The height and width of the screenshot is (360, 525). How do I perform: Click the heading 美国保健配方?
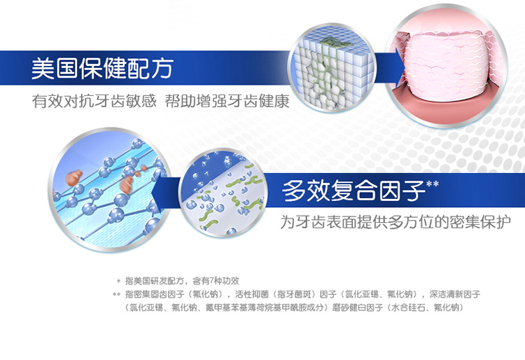(x=102, y=69)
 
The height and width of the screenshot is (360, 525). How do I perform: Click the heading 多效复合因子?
(x=353, y=191)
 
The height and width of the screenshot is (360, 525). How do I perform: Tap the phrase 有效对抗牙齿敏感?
(x=94, y=101)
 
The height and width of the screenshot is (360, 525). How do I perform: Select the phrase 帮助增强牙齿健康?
(x=227, y=101)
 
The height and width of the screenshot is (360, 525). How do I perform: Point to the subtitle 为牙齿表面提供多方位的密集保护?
(x=395, y=222)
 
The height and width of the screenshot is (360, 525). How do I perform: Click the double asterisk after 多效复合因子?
(x=433, y=184)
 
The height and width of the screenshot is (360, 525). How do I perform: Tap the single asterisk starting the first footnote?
(x=118, y=282)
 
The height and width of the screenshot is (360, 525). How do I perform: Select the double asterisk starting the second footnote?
(x=116, y=295)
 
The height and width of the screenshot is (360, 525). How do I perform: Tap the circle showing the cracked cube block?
(x=332, y=68)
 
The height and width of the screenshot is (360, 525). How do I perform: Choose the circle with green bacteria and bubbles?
(x=223, y=193)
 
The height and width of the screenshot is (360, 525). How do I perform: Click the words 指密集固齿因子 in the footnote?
(x=155, y=294)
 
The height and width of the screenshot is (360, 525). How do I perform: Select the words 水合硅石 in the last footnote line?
(x=408, y=307)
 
